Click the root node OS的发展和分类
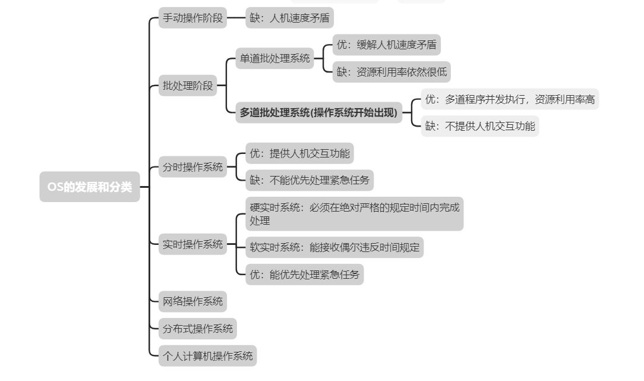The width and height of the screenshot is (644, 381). tap(90, 187)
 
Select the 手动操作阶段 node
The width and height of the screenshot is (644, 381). tap(193, 18)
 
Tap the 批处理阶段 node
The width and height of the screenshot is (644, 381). tap(188, 86)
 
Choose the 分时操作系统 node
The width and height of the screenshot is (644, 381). tap(193, 167)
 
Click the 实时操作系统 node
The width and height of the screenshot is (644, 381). tap(193, 244)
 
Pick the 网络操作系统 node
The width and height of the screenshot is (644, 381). tap(193, 301)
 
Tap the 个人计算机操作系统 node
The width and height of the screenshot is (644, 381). tap(208, 356)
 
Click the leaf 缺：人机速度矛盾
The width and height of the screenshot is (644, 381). tap(289, 18)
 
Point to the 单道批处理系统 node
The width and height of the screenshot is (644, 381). tap(274, 58)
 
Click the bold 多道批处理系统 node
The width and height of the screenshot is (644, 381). tap(318, 112)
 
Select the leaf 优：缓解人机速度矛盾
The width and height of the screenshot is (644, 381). tap(386, 45)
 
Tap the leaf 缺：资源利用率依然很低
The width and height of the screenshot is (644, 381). tap(392, 73)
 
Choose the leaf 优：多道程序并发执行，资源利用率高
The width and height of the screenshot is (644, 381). tap(510, 99)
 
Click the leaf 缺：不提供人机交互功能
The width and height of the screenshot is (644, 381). tap(480, 126)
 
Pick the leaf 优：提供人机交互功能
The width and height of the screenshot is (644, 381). tap(299, 153)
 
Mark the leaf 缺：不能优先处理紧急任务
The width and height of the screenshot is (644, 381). tap(310, 180)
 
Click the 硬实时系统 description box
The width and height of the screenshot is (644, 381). tap(354, 214)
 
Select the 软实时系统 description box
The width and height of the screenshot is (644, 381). tap(334, 247)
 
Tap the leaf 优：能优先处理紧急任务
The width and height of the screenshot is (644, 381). tap(304, 275)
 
